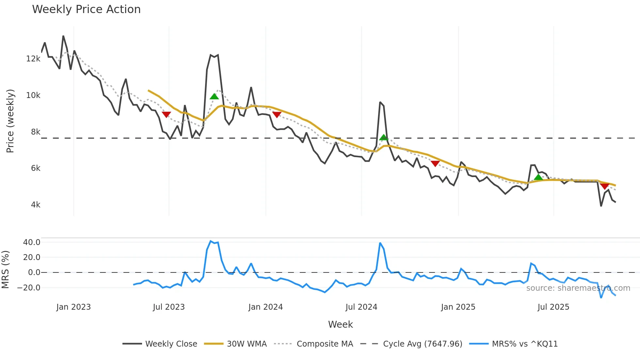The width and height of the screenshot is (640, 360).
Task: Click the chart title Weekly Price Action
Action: click(86, 9)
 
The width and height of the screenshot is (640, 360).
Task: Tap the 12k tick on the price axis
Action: click(33, 59)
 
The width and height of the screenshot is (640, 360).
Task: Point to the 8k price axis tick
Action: click(36, 132)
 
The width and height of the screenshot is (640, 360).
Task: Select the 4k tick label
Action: click(36, 205)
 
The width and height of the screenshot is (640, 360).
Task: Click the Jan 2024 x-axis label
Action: click(265, 307)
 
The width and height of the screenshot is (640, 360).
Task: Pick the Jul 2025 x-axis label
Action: click(553, 307)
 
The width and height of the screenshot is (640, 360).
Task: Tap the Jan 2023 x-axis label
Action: click(73, 307)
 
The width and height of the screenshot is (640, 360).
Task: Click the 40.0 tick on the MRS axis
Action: click(32, 242)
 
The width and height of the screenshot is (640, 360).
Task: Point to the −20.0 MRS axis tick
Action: click(29, 288)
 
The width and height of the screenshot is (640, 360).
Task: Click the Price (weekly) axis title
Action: click(10, 121)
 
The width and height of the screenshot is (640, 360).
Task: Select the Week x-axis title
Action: click(340, 324)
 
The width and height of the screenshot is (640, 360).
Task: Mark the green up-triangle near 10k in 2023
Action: click(214, 96)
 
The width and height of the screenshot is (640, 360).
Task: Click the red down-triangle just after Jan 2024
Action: click(277, 115)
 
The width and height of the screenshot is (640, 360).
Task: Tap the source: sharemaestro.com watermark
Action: click(578, 288)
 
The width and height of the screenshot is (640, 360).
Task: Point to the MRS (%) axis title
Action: click(6, 270)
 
